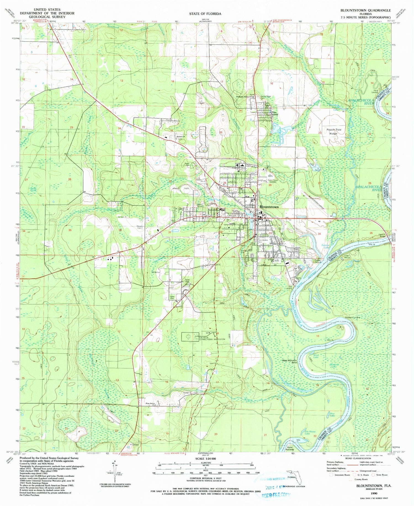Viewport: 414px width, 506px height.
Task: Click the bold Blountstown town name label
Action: click(x=269, y=207)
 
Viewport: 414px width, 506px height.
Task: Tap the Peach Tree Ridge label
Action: click(x=332, y=131)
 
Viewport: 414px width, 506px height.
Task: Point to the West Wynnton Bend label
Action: click(x=290, y=361)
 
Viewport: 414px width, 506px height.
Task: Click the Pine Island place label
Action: click(x=274, y=113)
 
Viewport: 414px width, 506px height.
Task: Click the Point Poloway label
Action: click(x=290, y=448)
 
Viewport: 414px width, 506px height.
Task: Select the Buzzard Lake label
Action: click(x=333, y=366)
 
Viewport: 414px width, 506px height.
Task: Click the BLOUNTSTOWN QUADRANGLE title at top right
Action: click(x=365, y=10)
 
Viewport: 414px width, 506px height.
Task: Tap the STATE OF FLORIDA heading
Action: click(x=205, y=14)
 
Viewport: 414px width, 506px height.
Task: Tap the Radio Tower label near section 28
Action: click(x=272, y=181)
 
